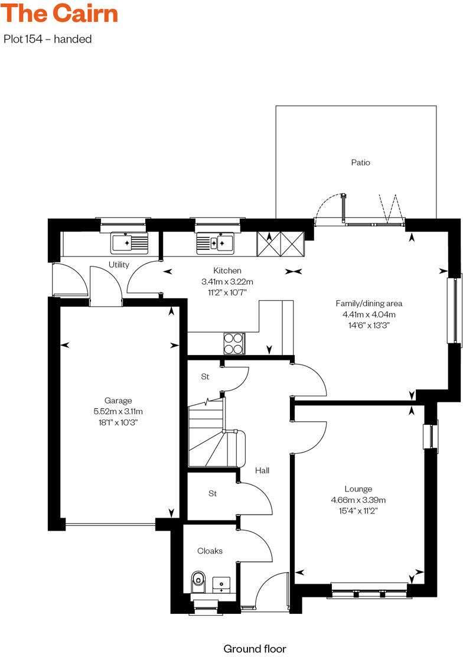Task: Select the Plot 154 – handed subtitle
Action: click(48, 40)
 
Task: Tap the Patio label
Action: click(360, 162)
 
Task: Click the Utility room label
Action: click(118, 265)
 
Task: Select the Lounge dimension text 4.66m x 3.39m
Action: click(358, 500)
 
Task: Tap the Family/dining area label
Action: click(369, 304)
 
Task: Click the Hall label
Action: click(262, 470)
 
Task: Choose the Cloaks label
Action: click(210, 551)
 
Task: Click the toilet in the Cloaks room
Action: click(198, 581)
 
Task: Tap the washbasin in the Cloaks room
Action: click(221, 584)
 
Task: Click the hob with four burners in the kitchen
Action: click(233, 343)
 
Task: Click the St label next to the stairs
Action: click(205, 376)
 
